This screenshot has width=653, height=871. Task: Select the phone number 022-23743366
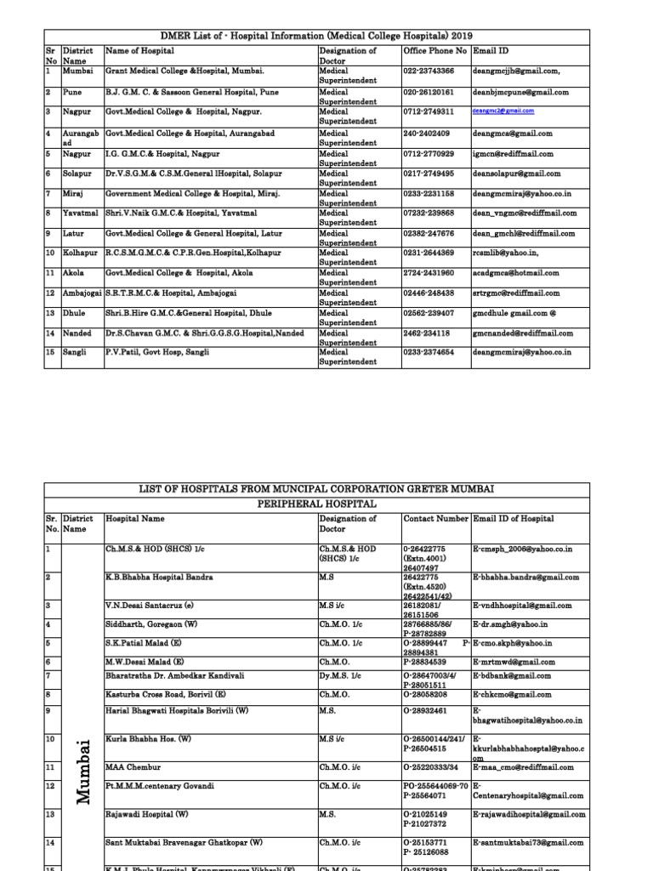tap(429, 71)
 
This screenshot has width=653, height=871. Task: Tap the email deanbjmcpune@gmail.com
tap(520, 92)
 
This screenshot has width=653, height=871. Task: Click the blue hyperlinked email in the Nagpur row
tap(504, 111)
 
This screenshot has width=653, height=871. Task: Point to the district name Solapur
tap(76, 174)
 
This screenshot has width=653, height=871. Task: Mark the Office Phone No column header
tap(434, 51)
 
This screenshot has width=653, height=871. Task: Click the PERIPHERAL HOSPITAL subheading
tap(316, 504)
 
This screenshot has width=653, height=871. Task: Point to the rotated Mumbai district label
tap(82, 772)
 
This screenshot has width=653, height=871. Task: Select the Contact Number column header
tap(435, 518)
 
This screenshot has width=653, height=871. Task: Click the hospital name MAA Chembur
tap(132, 766)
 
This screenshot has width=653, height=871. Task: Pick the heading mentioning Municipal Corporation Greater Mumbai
tap(316, 488)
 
